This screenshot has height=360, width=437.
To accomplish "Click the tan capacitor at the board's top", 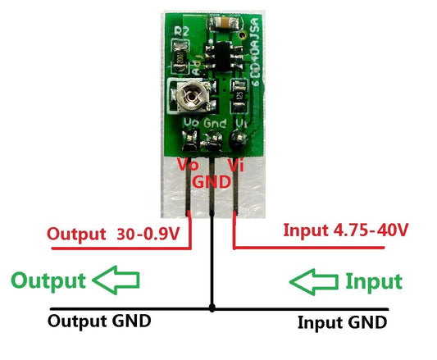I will pos(222,25).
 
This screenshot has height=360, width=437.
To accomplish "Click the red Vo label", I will pos(189,163).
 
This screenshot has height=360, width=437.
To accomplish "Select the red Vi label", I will pos(235,165).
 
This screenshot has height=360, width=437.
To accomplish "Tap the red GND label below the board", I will pos(211,180).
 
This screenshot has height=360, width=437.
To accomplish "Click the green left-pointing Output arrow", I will pos(116,281).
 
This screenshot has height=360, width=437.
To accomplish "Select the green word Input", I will pos(373,282).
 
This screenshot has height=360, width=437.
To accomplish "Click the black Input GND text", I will pos(341,321).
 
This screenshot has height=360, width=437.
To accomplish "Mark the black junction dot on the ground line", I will pos(212,308).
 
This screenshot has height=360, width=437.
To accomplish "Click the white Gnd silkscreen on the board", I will pos(214,121).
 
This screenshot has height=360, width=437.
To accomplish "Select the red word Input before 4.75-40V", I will pos(304,230).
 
